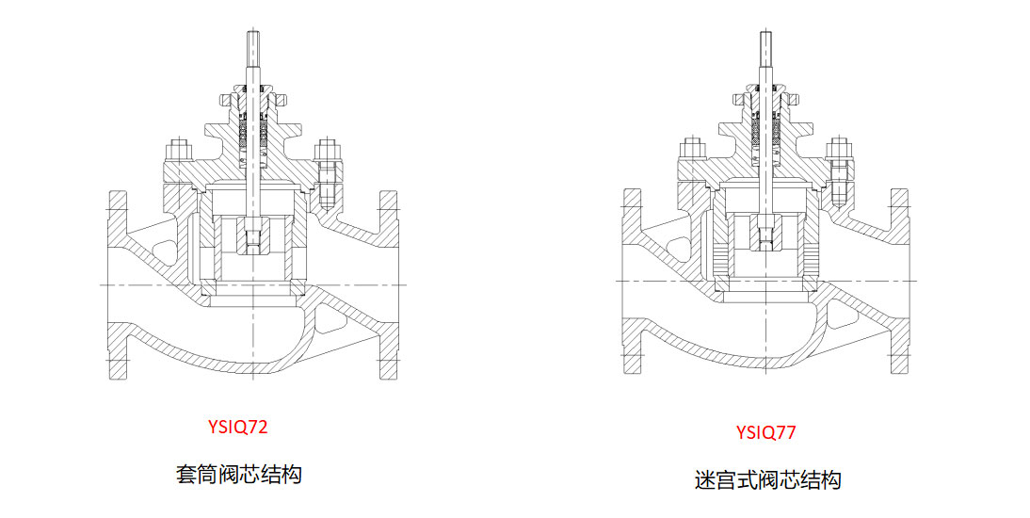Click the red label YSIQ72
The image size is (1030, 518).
[x=238, y=427]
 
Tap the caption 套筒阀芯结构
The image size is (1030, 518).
[x=238, y=473]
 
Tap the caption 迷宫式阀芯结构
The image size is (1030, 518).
[x=764, y=479]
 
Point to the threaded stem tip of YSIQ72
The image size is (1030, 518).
[x=255, y=44]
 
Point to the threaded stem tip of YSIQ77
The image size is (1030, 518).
[x=765, y=44]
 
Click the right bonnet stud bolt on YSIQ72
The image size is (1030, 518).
[x=327, y=174]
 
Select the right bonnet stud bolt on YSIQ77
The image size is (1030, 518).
[x=838, y=174]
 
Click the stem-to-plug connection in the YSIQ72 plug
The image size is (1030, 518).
[x=254, y=239]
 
